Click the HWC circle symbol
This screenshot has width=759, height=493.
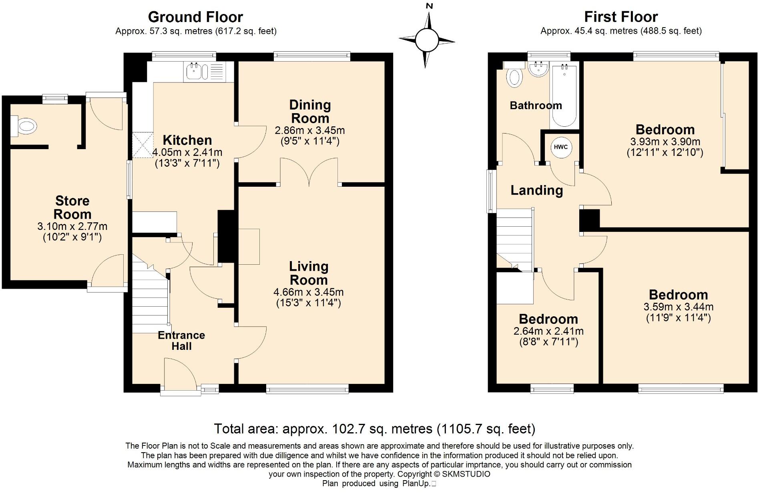[x=560, y=147]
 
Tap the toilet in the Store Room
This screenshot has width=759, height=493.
[x=24, y=126]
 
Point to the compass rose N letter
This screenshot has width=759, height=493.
[x=430, y=6]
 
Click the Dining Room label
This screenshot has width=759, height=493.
[x=310, y=112]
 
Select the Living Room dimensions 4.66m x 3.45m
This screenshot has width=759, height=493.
[x=308, y=292]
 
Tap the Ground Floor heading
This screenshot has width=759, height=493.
[x=195, y=17]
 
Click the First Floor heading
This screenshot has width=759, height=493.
[x=621, y=17]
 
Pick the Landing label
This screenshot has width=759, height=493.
[x=537, y=190]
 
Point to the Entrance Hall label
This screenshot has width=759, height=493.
[x=181, y=341]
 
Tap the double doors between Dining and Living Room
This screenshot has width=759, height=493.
[x=309, y=172]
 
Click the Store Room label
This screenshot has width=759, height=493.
[x=72, y=207]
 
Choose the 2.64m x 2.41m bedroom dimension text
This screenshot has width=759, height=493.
[x=548, y=331]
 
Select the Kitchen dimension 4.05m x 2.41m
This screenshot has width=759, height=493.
[x=187, y=152]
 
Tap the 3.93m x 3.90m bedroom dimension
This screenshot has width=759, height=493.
[x=665, y=142]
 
